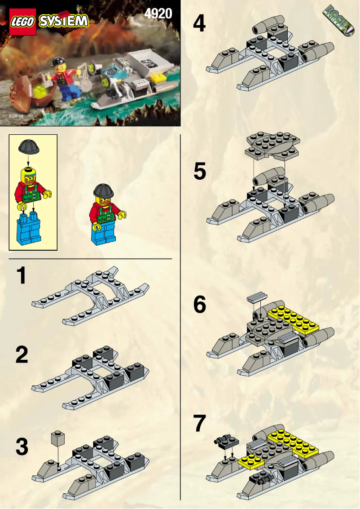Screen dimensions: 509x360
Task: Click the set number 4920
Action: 158,13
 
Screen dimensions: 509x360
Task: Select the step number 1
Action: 21,275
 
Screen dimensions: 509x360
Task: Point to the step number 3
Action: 22,447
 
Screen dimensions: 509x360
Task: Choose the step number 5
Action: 199,172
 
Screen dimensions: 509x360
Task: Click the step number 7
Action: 199,424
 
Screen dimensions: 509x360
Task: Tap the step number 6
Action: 199,305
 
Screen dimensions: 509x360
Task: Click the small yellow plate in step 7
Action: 251,459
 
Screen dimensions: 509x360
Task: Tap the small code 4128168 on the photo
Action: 15,116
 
